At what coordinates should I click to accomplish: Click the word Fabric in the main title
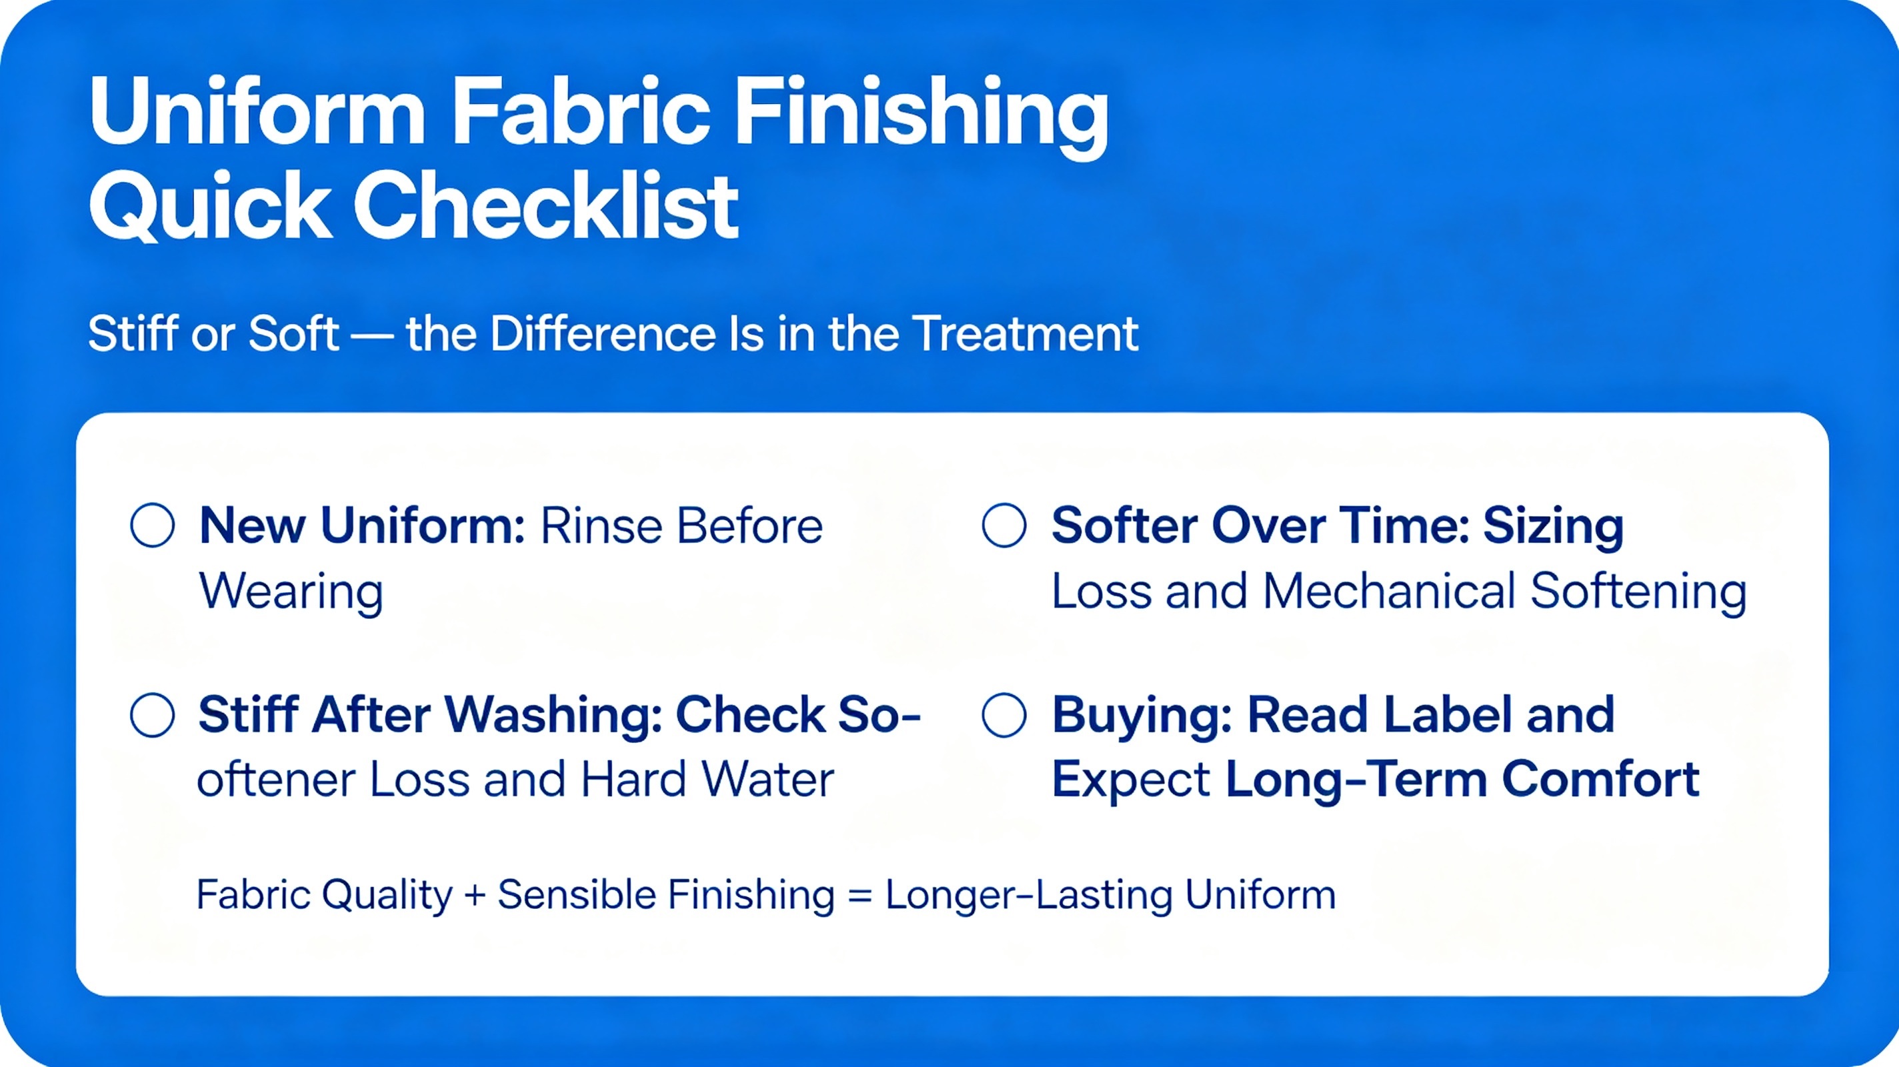pyautogui.click(x=581, y=113)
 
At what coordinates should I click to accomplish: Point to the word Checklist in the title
pyautogui.click(x=545, y=206)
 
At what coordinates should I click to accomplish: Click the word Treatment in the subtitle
pyautogui.click(x=1026, y=334)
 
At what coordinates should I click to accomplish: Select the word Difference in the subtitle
pyautogui.click(x=602, y=334)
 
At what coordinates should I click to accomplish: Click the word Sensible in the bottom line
pyautogui.click(x=575, y=894)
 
